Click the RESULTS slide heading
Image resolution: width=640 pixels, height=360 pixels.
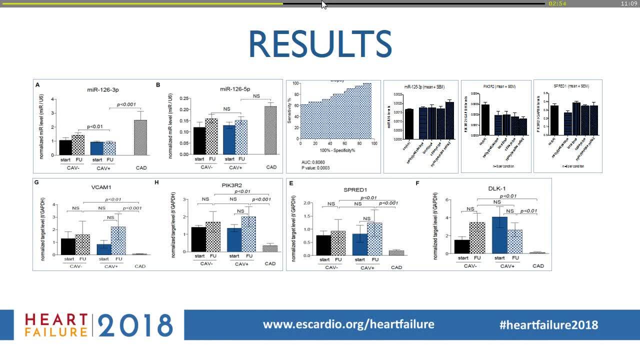tap(320, 44)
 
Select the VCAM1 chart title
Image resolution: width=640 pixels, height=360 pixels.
tap(102, 187)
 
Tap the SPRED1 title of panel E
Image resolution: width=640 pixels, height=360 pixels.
tap(355, 190)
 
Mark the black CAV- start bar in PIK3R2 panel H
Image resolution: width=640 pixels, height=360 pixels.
tap(199, 239)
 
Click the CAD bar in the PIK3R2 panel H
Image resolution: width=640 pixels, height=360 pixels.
tap(270, 248)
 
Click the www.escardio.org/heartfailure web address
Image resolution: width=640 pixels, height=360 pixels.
tap(348, 324)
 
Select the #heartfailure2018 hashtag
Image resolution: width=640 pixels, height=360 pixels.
tap(548, 324)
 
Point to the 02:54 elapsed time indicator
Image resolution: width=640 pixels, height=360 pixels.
tap(557, 3)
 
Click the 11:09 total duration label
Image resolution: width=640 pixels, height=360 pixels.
tap(628, 3)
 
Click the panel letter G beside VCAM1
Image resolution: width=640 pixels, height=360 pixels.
tap(37, 182)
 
